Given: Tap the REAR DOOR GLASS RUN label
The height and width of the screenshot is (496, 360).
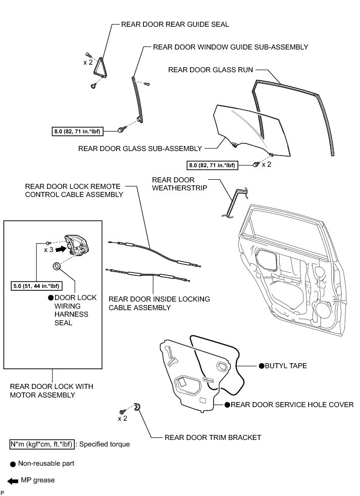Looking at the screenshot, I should [211, 70].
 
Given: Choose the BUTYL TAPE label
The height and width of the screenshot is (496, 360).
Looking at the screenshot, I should [286, 365].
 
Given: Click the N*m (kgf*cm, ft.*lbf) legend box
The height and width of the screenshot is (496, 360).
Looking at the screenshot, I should [42, 444].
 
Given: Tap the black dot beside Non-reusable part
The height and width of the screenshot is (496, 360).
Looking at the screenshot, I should [12, 463].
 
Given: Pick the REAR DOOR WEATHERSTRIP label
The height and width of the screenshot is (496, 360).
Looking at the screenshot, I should [173, 184].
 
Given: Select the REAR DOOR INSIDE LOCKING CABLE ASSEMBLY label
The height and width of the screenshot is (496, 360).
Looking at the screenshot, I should [159, 303].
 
